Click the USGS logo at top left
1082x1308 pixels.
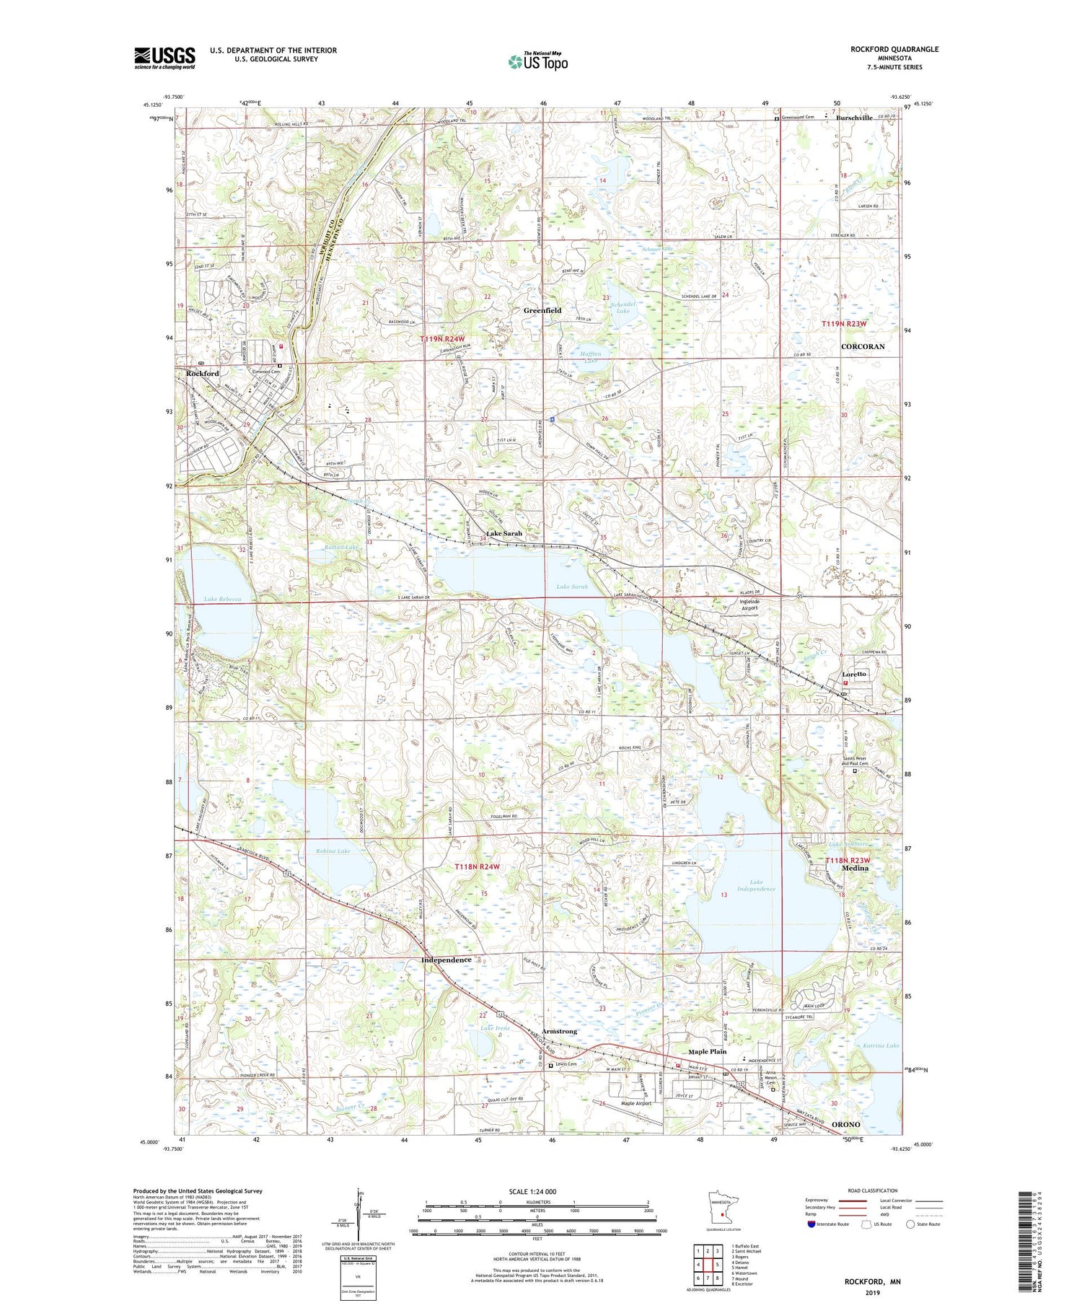click(x=164, y=58)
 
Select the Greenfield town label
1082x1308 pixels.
click(x=542, y=310)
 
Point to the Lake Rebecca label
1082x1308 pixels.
click(x=221, y=600)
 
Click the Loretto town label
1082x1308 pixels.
click(x=854, y=674)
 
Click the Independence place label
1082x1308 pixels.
click(x=447, y=960)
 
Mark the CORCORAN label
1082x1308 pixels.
click(x=863, y=346)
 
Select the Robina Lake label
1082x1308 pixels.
click(x=333, y=851)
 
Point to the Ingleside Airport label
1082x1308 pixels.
click(x=749, y=604)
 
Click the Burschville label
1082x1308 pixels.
click(x=854, y=118)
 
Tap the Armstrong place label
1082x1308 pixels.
click(x=559, y=1031)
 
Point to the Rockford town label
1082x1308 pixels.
click(x=202, y=374)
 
